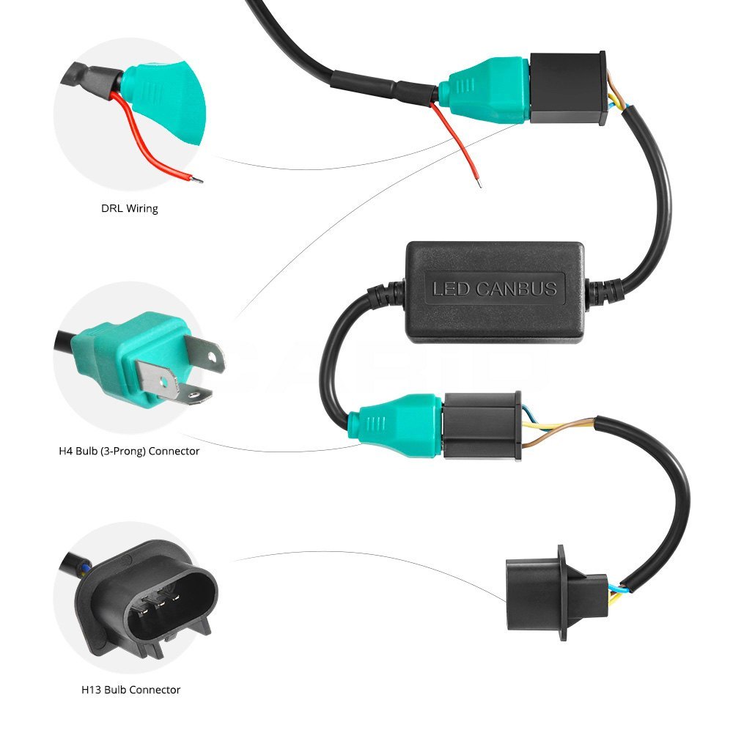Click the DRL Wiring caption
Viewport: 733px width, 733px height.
pos(129,209)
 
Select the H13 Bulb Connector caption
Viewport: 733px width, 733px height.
pos(130,690)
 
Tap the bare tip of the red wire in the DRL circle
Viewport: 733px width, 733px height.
pos(197,180)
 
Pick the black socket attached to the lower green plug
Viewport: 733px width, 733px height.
pos(481,426)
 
